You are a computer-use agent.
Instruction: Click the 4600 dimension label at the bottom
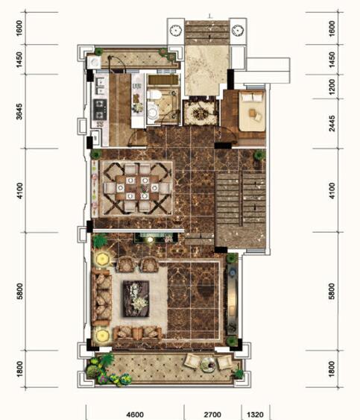coord(135,414)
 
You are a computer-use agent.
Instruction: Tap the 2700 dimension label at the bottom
coord(212,414)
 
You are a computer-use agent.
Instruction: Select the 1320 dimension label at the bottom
coord(255,414)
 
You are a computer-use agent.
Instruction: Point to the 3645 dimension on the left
coord(19,111)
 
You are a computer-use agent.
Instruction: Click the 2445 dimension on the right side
coord(332,124)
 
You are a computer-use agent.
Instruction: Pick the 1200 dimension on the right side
coord(332,87)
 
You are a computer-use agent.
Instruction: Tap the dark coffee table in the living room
coord(136,298)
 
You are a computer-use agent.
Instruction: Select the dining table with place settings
coord(137,187)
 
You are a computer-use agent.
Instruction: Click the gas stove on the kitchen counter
coord(100,109)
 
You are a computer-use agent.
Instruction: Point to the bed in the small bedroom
coord(252,111)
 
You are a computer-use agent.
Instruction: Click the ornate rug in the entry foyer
coord(200,113)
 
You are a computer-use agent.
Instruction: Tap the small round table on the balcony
coord(208,363)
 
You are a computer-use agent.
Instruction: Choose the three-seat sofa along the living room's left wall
coord(101,298)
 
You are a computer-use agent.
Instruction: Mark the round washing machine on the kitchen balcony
coord(94,63)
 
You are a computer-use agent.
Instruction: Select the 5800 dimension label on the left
coord(19,291)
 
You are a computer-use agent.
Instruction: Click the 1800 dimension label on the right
coord(332,369)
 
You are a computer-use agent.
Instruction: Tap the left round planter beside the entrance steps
coord(176,31)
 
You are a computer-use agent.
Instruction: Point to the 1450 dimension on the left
coord(19,60)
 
